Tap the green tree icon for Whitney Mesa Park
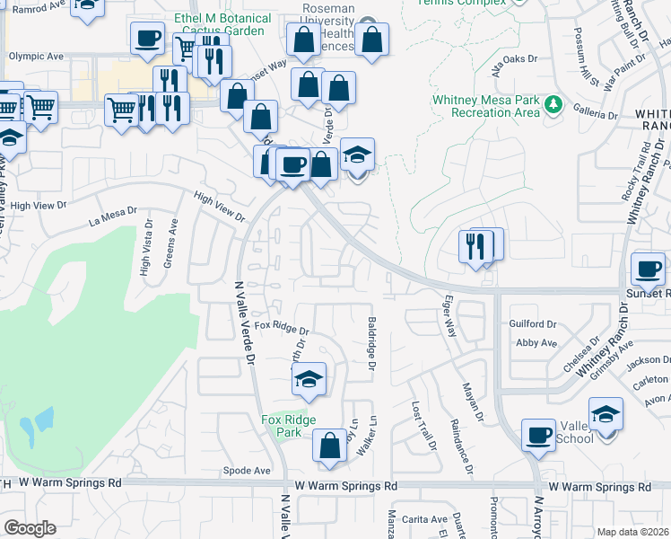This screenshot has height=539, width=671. point(553,105)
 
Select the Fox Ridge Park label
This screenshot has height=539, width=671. point(282,425)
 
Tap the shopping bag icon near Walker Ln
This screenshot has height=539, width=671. point(330,445)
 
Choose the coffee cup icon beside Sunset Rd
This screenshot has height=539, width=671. point(648,267)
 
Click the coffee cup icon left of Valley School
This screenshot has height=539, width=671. point(538,434)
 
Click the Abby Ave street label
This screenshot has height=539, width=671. point(536,342)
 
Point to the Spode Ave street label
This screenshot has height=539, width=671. point(247,470)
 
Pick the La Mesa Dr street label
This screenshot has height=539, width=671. point(113,217)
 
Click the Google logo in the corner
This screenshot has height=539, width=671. point(30,528)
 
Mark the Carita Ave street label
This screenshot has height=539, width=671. point(424,519)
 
